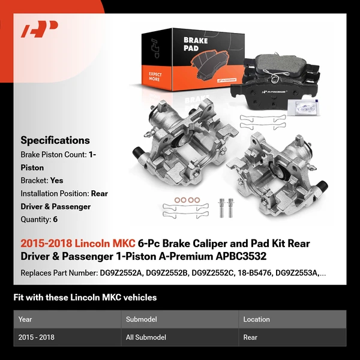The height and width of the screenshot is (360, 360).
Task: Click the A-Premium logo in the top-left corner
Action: [x=40, y=30]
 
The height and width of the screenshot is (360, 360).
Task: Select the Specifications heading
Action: [x=55, y=140]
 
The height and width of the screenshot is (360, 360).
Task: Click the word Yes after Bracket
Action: [x=57, y=180]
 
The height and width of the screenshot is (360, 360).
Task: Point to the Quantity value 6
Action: [x=55, y=220]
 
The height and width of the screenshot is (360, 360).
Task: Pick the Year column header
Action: [x=25, y=319]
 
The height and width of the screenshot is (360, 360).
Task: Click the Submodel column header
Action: [x=140, y=319]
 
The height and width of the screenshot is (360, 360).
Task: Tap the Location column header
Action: [x=256, y=319]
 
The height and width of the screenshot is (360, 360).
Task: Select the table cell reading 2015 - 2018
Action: [x=36, y=337]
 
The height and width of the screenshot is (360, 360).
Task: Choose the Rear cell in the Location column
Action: [x=250, y=337]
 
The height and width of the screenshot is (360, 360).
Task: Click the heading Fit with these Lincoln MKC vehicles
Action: [x=86, y=297]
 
